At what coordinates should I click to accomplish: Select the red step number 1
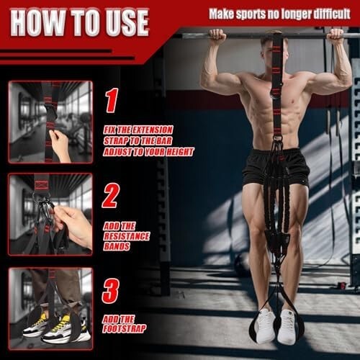point(112,100)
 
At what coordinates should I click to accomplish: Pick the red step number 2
point(111,195)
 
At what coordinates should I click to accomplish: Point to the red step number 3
point(111,290)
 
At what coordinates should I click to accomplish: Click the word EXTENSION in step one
point(152,130)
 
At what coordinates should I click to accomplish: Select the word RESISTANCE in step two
point(127,236)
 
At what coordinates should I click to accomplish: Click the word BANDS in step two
point(117,246)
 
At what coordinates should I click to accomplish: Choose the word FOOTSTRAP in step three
point(125,329)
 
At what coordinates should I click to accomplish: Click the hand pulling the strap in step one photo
point(60,145)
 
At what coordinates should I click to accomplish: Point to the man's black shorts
point(275,167)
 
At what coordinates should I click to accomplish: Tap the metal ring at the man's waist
point(276,138)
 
